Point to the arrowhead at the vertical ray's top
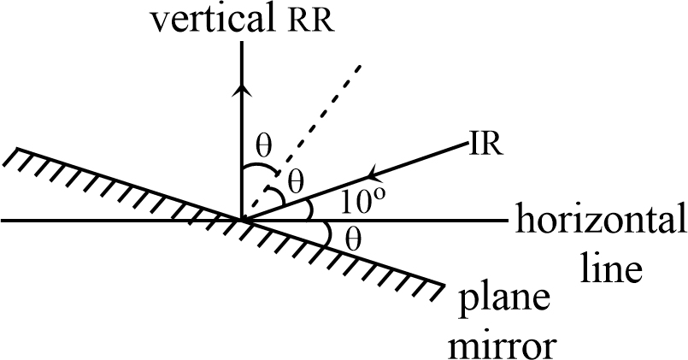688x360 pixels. (244, 44)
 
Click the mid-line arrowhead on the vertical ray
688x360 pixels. (244, 89)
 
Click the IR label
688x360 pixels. (484, 143)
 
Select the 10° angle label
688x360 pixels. (364, 202)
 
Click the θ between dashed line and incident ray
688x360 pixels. (296, 180)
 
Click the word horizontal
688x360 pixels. (599, 221)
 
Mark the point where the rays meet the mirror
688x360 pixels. (244, 221)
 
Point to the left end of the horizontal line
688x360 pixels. (3, 221)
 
